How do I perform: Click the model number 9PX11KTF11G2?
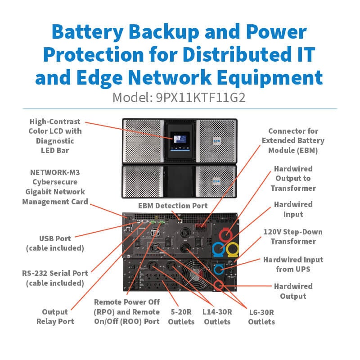(x=201, y=98)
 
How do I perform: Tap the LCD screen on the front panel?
(x=180, y=139)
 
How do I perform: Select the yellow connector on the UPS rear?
(x=232, y=249)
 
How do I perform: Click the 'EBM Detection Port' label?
(x=173, y=206)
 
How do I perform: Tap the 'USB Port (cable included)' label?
(x=55, y=243)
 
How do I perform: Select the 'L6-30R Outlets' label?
(x=261, y=317)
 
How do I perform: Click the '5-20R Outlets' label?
(x=181, y=317)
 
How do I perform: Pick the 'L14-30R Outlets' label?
(x=217, y=317)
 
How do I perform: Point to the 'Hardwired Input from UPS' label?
(x=293, y=264)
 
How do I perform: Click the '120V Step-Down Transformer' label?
(x=293, y=237)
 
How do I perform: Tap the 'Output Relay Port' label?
(x=55, y=317)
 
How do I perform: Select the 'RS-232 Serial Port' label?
(x=55, y=273)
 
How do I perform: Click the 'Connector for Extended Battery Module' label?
(x=293, y=140)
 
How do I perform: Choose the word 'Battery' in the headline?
(x=87, y=32)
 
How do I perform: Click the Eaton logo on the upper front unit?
(x=217, y=140)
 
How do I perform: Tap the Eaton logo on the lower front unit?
(x=216, y=181)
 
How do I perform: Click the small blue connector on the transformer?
(x=218, y=269)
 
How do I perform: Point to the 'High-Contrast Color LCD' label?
(x=55, y=126)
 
